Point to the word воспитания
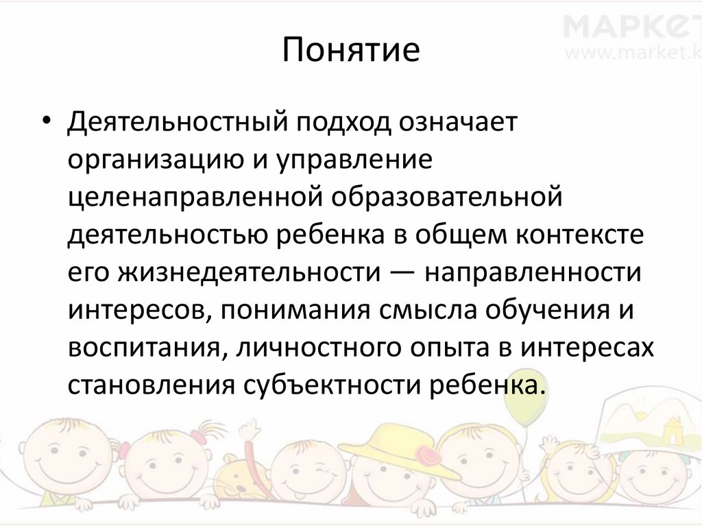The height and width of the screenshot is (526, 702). click(x=144, y=348)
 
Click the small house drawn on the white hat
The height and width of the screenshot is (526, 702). click(x=668, y=432)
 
